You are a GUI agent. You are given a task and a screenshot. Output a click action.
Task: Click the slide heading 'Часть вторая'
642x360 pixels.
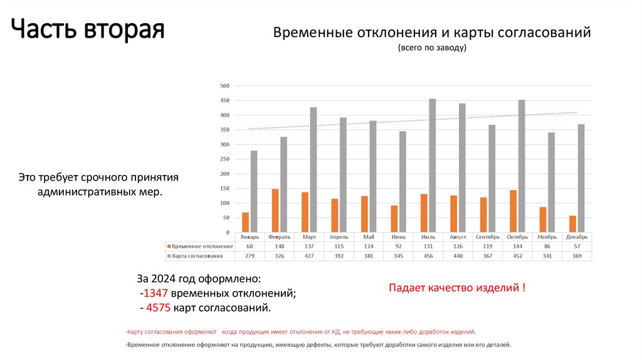pyautogui.click(x=88, y=29)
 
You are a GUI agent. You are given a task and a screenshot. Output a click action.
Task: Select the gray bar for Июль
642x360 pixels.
pyautogui.click(x=432, y=166)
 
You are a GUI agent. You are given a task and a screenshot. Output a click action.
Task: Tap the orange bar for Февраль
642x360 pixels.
pyautogui.click(x=275, y=211)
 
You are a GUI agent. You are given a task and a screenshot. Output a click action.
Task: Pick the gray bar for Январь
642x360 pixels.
pyautogui.click(x=254, y=191)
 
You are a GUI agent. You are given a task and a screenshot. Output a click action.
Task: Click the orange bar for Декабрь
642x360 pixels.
pyautogui.click(x=572, y=224)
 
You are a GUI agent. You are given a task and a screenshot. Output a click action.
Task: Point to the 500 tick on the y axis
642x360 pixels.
pyautogui.click(x=225, y=86)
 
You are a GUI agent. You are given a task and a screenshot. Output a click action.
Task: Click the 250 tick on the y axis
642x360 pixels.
pyautogui.click(x=225, y=159)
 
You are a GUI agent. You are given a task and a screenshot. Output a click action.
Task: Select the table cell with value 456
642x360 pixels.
pyautogui.click(x=429, y=256)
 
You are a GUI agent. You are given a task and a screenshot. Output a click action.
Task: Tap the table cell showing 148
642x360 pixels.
pyautogui.click(x=280, y=246)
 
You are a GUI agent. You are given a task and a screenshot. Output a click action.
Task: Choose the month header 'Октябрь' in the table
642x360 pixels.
pyautogui.click(x=518, y=237)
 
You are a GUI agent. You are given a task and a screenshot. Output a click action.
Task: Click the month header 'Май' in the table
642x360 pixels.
pyautogui.click(x=369, y=237)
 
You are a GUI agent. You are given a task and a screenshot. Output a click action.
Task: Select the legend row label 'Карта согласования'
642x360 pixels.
pyautogui.click(x=197, y=256)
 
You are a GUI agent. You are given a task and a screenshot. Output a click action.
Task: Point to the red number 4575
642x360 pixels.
pyautogui.click(x=157, y=307)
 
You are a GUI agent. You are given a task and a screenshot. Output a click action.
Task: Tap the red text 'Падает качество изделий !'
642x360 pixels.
pyautogui.click(x=456, y=288)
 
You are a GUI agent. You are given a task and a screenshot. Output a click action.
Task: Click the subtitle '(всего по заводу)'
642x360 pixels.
pyautogui.click(x=432, y=48)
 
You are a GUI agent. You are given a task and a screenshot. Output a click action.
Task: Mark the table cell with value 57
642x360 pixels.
pyautogui.click(x=577, y=246)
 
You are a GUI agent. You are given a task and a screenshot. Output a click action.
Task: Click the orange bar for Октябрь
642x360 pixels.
pyautogui.click(x=513, y=211)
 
